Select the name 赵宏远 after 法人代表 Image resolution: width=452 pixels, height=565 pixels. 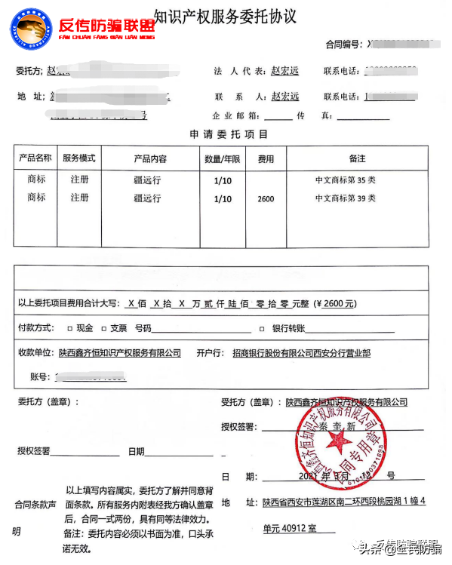pos(284,72)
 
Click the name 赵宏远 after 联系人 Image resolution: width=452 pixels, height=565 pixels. pos(284,97)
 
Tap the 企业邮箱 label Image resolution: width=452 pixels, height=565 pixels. pos(237,116)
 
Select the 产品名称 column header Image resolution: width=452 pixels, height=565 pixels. pos(35,159)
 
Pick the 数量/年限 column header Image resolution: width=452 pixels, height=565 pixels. pos(223,159)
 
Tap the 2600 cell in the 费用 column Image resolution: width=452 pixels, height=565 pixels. pos(266,199)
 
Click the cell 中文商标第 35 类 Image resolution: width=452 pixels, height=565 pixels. pos(345,180)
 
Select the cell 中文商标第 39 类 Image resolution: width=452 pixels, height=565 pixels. pos(345,198)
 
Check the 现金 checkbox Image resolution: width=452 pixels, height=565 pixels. pos(70,329)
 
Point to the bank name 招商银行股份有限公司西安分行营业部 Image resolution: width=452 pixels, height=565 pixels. pos(302,353)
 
